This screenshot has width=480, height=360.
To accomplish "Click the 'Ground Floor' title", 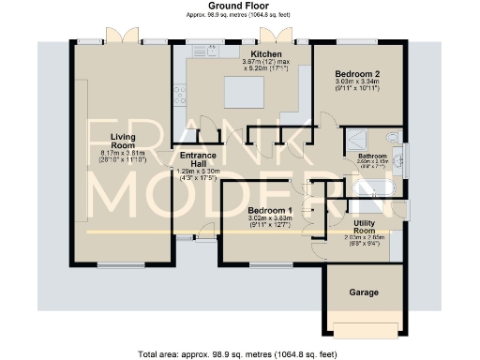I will pyautogui.click(x=239, y=6).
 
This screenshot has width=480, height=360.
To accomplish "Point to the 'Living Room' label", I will pyautogui.click(x=123, y=142).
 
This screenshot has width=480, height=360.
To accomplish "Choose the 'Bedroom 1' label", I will pyautogui.click(x=271, y=209).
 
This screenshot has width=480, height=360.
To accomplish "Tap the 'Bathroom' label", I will pyautogui.click(x=372, y=155).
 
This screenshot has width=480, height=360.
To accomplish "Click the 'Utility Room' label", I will pyautogui.click(x=364, y=226).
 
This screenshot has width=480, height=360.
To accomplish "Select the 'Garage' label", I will pyautogui.click(x=364, y=292).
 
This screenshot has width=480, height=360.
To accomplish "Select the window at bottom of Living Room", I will pyautogui.click(x=122, y=266).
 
